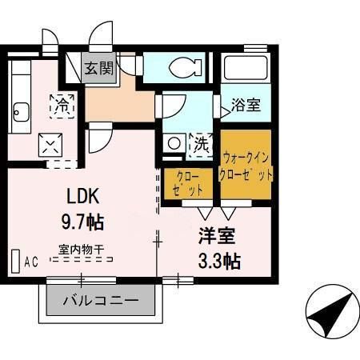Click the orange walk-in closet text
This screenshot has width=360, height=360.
(248, 166)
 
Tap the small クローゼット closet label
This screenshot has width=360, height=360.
(188, 182)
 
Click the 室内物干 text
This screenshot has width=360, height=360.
(81, 249)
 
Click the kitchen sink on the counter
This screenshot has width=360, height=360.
(20, 112)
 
